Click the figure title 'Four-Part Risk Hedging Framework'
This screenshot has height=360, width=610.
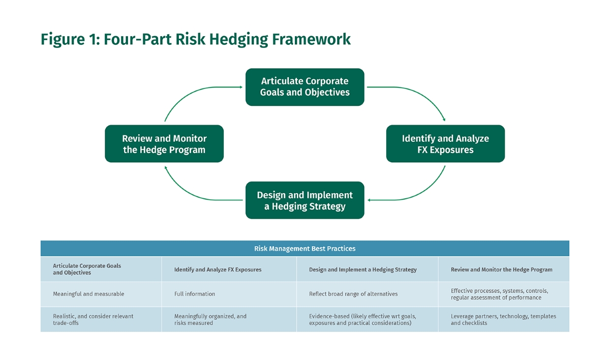196,39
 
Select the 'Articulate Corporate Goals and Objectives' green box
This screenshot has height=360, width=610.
305,87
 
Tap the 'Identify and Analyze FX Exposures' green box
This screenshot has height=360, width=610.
445,144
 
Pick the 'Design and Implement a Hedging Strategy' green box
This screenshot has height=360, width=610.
305,200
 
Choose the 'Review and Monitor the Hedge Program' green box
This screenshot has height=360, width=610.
164,144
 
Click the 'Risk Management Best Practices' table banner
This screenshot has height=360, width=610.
305,249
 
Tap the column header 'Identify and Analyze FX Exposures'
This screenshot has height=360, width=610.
218,269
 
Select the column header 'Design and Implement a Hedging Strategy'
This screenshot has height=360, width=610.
362,269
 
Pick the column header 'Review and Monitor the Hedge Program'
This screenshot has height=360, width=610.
501,269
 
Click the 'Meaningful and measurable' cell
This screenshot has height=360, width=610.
88,294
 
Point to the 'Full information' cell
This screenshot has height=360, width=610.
195,294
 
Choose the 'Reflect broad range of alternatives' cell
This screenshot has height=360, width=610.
353,294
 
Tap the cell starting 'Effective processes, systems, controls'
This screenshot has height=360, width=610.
499,294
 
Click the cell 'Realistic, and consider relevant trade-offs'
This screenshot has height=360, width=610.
93,319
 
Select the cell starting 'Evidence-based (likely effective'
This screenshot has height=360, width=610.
362,319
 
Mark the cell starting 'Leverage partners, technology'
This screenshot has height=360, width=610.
503,319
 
